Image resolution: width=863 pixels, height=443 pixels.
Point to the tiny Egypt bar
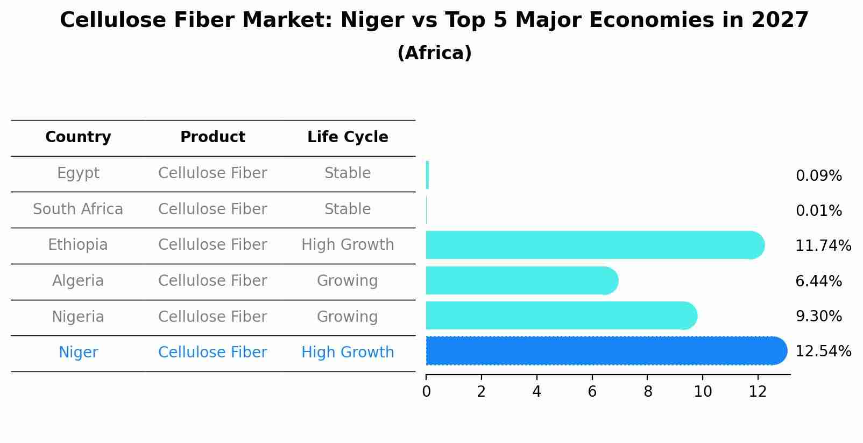point(427,175)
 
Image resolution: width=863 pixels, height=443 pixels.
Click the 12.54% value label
point(823,351)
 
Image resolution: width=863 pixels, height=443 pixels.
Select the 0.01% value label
point(818,211)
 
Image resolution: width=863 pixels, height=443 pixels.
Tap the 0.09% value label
point(818,176)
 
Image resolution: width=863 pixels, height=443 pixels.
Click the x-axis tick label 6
point(592,392)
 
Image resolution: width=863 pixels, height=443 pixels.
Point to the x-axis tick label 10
point(703,392)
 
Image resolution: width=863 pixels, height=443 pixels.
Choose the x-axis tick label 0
point(426,392)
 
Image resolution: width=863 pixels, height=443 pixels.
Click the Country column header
point(78,137)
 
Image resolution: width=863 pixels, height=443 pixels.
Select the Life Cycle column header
point(348,137)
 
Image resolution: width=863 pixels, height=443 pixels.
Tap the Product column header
point(213,137)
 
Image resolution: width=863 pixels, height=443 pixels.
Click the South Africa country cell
point(78,209)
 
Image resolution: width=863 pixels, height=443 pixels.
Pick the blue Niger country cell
point(78,353)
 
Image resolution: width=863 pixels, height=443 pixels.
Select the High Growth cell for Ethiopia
point(348,245)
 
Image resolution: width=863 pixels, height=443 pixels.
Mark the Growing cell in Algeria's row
point(347,281)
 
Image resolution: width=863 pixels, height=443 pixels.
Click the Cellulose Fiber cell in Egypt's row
point(213,173)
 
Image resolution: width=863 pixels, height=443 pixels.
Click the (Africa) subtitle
point(434,53)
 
